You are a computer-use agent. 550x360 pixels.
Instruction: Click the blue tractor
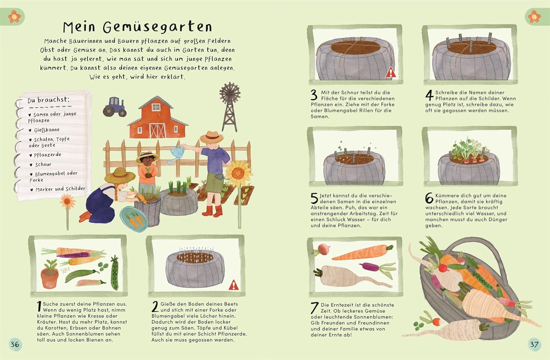click(x=115, y=107)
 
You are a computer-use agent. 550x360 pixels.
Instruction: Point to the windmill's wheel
click(x=230, y=92)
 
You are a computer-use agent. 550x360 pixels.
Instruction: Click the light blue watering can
click(x=176, y=154)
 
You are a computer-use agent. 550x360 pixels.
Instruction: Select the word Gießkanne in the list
click(x=47, y=130)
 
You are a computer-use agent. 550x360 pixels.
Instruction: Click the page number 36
click(x=15, y=344)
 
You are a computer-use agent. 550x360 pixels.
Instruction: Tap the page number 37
click(x=534, y=344)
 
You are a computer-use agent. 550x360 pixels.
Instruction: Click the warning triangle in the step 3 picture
click(x=390, y=73)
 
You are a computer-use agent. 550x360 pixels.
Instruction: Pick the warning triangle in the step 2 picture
click(x=234, y=285)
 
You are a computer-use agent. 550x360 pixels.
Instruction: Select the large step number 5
click(x=314, y=198)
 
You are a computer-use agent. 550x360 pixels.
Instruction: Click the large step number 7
click(x=314, y=308)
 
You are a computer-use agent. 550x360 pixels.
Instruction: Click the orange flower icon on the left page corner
click(x=15, y=17)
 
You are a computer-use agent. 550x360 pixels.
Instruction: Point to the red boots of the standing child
click(x=213, y=211)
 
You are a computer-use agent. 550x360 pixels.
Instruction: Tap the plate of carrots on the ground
click(x=134, y=219)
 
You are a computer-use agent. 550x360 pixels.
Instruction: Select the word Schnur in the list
click(x=43, y=164)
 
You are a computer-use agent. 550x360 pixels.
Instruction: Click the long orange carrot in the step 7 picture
click(x=362, y=252)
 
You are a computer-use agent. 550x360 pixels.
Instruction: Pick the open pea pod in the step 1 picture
click(x=114, y=273)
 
